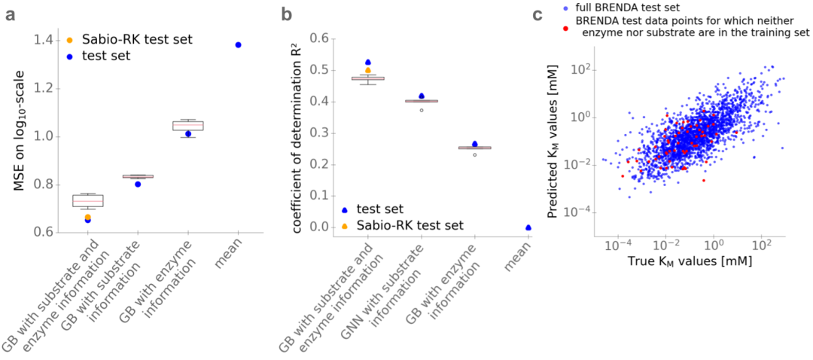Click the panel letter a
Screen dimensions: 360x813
pos(11,14)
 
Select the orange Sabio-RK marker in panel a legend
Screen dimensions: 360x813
pos(69,38)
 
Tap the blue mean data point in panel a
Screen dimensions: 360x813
pos(238,45)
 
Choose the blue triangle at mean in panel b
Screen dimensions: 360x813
pos(528,227)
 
